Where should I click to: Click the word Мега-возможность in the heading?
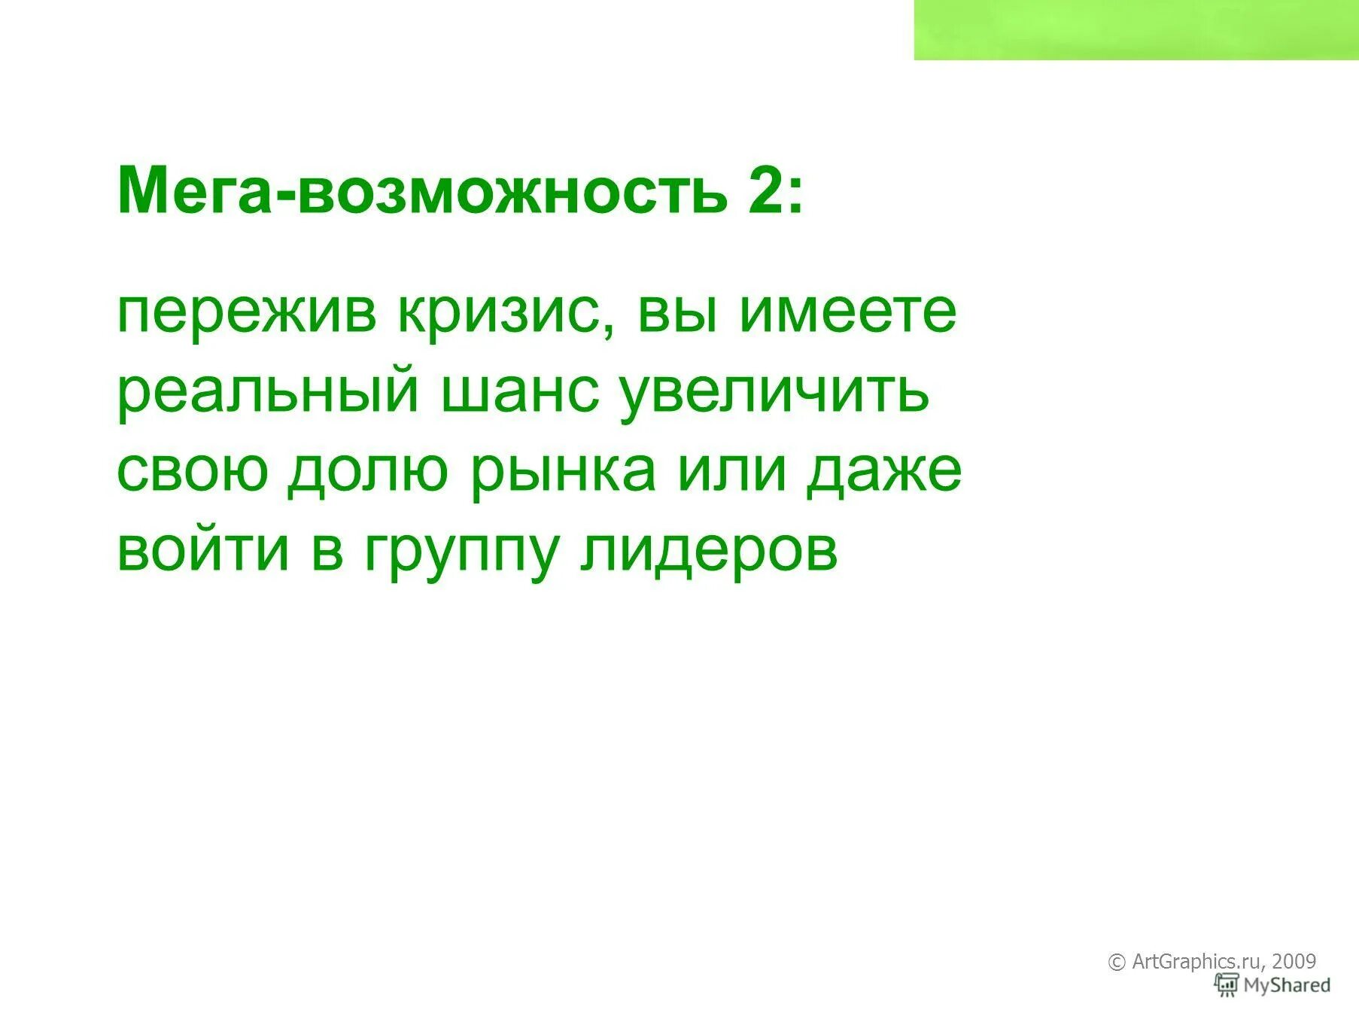pos(422,190)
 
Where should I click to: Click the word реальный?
pos(267,393)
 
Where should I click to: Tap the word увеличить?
pos(774,393)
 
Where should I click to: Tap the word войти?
pos(203,551)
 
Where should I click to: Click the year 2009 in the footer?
pos(1294,961)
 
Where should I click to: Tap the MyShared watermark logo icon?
pos(1227,984)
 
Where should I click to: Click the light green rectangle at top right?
pos(1136,29)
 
